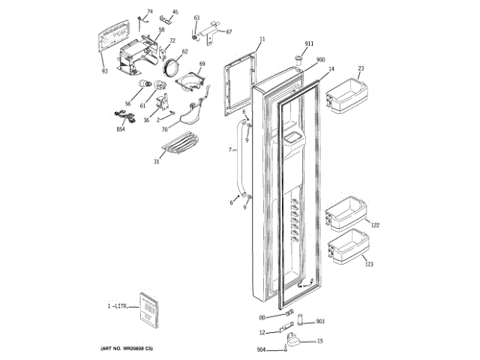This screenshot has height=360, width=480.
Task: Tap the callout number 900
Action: click(x=320, y=59)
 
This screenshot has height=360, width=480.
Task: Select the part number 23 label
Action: click(x=361, y=68)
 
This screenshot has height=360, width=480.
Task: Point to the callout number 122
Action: click(x=376, y=225)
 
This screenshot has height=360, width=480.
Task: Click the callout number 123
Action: click(x=368, y=263)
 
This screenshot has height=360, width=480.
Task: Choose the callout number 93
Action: click(x=105, y=71)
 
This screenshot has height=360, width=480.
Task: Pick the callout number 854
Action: click(x=120, y=129)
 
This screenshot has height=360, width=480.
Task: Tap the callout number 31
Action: click(x=157, y=162)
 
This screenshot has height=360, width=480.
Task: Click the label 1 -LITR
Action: click(x=118, y=306)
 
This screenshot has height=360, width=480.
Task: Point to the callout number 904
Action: click(x=261, y=349)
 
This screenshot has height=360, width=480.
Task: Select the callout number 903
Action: click(x=319, y=321)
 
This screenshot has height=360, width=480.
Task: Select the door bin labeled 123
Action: click(x=349, y=249)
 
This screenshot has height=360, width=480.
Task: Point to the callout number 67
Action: click(x=229, y=31)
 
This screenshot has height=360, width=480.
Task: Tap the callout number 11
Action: click(x=262, y=38)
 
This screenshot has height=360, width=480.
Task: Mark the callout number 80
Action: click(x=262, y=316)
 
